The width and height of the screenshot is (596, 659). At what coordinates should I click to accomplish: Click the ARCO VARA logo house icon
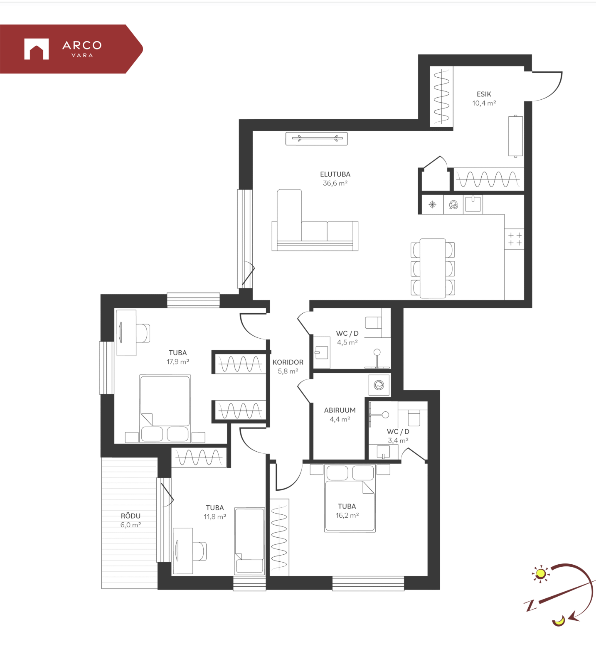pos(37,49)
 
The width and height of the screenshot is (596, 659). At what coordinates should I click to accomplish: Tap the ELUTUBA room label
pos(335,175)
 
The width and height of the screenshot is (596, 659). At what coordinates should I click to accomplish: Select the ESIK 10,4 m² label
pos(484,98)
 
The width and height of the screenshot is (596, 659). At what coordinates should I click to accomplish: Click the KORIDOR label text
pos(288,362)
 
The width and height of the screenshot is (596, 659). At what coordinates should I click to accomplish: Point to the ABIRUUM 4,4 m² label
pos(340,415)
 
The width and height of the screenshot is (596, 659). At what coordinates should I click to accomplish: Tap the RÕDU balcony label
pos(131,516)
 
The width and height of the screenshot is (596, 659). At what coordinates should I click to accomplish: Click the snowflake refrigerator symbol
pos(433,204)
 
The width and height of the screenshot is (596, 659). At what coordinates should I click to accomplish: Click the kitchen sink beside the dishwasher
pos(473,204)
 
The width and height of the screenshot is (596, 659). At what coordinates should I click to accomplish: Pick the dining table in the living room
pos(433,268)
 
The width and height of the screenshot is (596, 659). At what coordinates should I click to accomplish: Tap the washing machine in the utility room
pos(379,385)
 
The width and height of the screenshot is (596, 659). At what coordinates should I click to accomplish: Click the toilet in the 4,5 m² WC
pos(373,322)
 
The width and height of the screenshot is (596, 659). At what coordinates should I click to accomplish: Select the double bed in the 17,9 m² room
pos(165,408)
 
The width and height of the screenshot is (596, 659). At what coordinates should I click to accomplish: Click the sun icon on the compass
pos(540,574)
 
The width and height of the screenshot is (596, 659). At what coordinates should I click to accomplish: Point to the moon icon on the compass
pos(559,621)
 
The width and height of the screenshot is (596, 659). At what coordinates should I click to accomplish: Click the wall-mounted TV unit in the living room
pos(316,138)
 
